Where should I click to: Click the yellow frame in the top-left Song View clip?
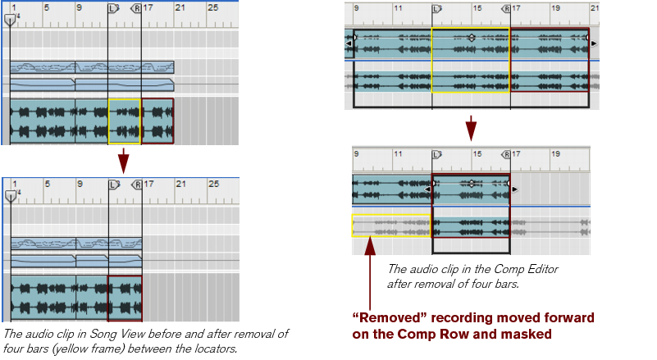(x=124, y=121)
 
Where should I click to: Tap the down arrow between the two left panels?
(x=124, y=160)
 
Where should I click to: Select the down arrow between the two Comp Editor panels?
(x=471, y=128)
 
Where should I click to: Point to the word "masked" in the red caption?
(x=530, y=334)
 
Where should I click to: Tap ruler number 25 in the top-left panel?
(x=212, y=7)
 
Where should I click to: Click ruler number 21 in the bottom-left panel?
(x=181, y=184)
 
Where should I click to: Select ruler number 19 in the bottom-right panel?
(x=555, y=153)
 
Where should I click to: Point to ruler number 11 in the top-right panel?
(x=397, y=8)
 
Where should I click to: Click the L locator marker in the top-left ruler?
(x=113, y=8)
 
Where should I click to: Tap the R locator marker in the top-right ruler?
(x=506, y=8)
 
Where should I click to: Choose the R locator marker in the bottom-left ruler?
(x=137, y=185)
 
